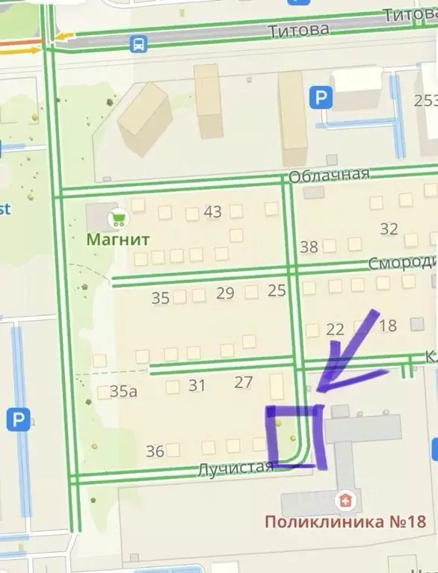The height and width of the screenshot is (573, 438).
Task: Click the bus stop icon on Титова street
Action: [138, 43]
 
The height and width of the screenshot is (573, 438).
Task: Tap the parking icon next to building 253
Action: [321, 96]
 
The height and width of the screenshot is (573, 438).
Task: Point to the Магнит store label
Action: [119, 240]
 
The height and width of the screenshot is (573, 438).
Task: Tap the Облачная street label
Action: [329, 174]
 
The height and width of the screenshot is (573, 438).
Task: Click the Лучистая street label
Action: [235, 468]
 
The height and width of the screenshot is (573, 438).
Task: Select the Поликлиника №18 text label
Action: [345, 521]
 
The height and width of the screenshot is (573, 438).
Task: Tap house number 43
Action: [212, 212]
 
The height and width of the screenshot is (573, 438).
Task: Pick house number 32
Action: [389, 229]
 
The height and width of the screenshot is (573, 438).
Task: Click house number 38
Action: [309, 247]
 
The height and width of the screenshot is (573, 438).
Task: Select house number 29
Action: [225, 293]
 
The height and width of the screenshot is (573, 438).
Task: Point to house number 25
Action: [277, 291]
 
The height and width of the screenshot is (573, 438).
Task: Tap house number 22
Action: [336, 329]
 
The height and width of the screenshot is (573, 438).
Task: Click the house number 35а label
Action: [123, 391]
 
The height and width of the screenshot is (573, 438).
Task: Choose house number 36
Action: [155, 451]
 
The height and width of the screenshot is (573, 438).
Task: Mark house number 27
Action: [244, 382]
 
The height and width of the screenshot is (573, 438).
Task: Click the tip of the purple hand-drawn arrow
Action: [318, 388]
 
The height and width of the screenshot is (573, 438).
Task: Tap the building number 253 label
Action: [427, 101]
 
